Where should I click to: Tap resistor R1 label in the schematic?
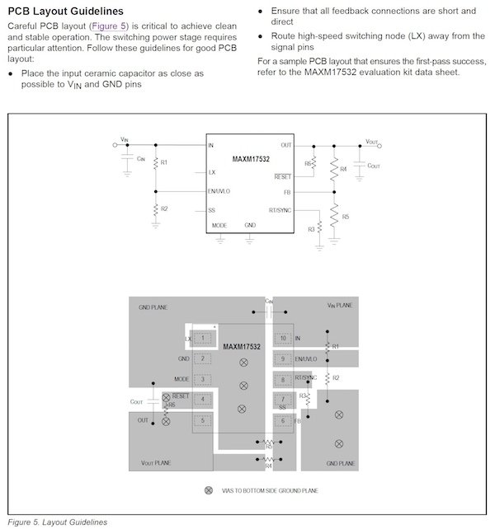pos(164,162)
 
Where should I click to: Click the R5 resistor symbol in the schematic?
pos(334,216)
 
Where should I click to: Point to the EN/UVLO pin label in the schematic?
pos(219,191)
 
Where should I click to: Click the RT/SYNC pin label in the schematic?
pos(280,210)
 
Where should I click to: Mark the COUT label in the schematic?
pos(374,166)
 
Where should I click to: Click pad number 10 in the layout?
pos(283,338)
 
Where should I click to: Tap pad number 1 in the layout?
pos(202,338)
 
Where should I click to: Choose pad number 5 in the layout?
pos(202,420)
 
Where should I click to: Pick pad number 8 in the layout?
pos(283,379)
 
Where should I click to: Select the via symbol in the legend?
pos(209,491)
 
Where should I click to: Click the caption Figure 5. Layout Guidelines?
pos(57,522)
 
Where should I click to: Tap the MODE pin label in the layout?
pos(182,379)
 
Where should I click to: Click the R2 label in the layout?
pos(336,377)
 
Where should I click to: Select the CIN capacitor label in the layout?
pos(269,302)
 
